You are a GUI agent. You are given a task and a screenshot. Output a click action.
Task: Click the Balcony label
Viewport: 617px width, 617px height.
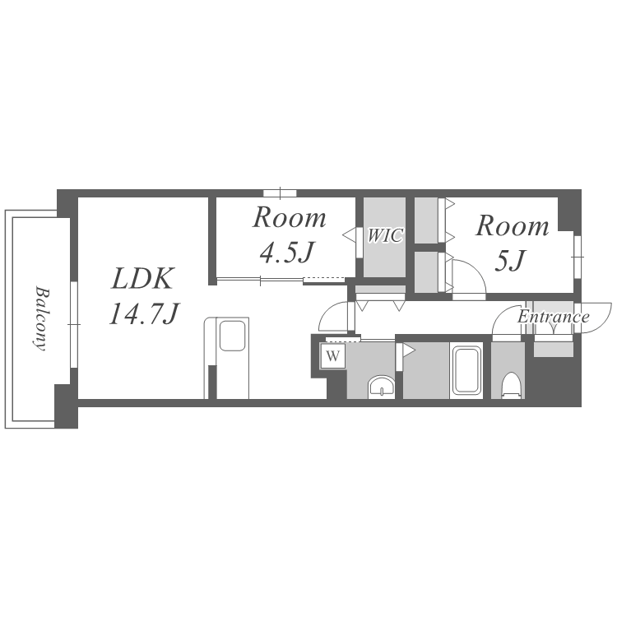[41, 318]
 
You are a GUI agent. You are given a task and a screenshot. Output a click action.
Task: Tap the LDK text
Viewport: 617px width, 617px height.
[141, 279]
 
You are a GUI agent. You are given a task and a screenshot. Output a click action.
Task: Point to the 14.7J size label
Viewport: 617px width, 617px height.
[144, 314]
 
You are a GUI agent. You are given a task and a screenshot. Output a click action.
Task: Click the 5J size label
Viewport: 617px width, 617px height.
[510, 260]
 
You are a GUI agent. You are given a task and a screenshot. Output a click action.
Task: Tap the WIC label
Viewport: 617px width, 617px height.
[385, 235]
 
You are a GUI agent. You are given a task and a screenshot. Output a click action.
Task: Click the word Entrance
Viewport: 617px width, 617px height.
[554, 317]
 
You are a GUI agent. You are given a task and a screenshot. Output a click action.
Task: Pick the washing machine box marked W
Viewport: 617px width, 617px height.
[333, 356]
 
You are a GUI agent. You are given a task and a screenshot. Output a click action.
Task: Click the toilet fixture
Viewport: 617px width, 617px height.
[511, 385]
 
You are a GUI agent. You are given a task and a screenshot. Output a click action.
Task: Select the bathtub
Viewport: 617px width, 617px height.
[467, 369]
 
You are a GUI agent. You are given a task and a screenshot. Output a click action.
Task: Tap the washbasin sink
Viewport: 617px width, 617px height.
[381, 387]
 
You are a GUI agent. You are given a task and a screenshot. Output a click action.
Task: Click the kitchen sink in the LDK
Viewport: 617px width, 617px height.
[232, 336]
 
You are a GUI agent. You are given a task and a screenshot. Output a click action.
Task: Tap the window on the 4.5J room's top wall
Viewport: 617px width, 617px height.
[280, 193]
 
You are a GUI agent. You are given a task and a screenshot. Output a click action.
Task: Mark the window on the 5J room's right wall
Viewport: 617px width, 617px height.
[578, 257]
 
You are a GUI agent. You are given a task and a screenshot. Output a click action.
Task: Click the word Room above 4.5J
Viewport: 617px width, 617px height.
[290, 218]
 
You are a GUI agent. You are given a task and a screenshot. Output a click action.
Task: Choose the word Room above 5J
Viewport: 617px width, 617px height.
[512, 226]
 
